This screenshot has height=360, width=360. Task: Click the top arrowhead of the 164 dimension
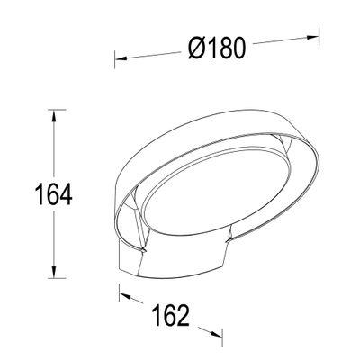(56, 113)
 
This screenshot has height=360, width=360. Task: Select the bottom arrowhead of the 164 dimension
(56, 277)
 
